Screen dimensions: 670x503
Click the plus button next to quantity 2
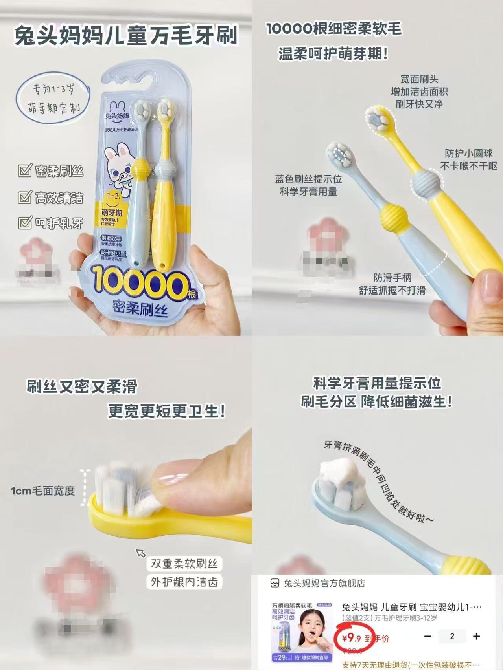point(476,637)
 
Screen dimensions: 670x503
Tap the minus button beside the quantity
point(428,637)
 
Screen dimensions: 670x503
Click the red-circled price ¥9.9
point(352,638)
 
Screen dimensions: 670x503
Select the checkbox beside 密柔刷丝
point(24,171)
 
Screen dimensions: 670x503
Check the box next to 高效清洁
point(24,197)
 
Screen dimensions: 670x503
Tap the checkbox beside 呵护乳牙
point(24,223)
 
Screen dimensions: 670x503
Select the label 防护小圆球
point(468,153)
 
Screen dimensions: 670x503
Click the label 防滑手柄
point(392,278)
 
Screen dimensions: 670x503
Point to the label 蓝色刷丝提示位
point(308,179)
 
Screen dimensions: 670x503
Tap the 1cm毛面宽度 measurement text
point(42,491)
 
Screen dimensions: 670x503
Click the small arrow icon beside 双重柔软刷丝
point(140,553)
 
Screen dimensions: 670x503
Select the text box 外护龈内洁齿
point(184,582)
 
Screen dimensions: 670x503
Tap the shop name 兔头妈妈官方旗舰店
point(324,584)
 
